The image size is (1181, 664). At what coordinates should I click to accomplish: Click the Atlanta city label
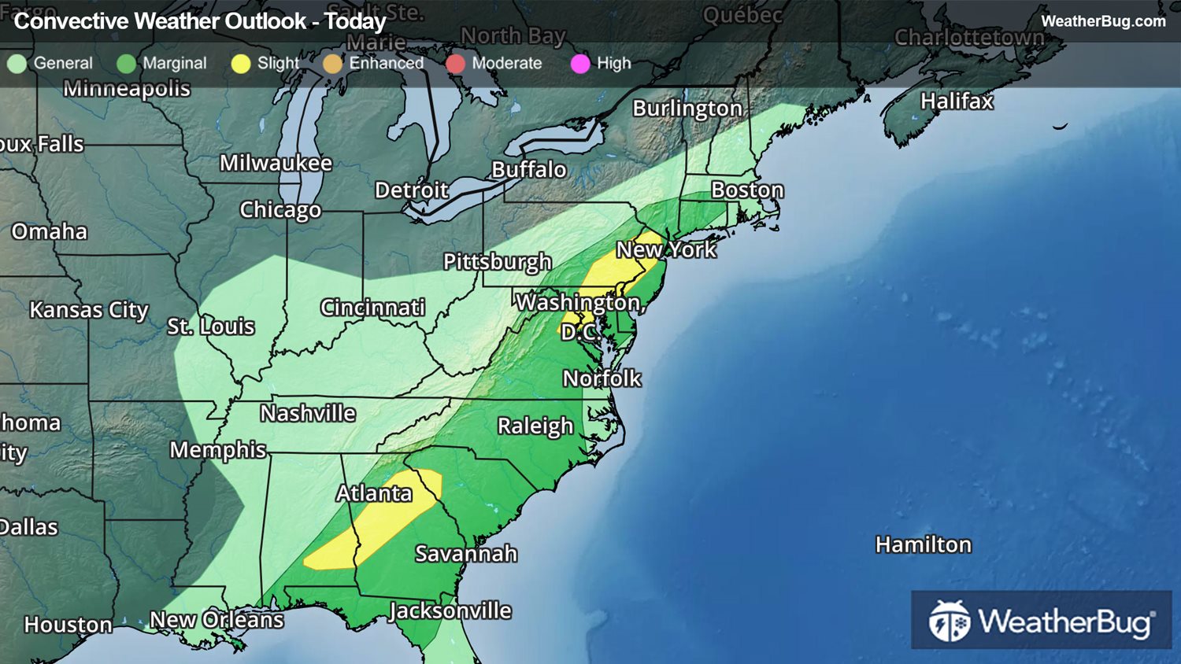(x=374, y=493)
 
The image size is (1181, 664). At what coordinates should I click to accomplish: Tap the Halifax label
(x=957, y=101)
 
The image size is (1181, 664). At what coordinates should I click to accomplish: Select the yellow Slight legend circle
(x=241, y=64)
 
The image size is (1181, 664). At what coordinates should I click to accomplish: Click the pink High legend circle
(x=580, y=64)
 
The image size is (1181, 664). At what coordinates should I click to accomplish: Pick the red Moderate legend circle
(x=456, y=64)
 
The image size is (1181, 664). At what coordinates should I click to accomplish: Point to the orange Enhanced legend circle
(x=333, y=64)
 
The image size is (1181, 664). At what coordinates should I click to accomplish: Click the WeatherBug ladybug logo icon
(x=950, y=622)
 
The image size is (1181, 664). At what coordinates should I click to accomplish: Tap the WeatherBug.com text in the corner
(x=1103, y=21)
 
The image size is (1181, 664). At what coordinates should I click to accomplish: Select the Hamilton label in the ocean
(x=924, y=544)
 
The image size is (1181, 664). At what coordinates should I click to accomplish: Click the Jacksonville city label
(x=450, y=611)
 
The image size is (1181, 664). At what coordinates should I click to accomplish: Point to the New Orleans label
(x=217, y=620)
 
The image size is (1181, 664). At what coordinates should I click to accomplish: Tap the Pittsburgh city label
(x=497, y=261)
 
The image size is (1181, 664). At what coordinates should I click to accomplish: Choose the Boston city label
(x=747, y=190)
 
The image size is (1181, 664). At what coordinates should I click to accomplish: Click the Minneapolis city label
(x=127, y=88)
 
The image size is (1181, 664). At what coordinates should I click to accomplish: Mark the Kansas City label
(x=89, y=310)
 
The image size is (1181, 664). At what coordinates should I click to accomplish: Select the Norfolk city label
(x=602, y=378)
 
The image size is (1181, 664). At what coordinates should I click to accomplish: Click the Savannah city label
(x=466, y=554)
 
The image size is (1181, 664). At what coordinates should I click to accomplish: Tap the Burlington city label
(x=687, y=109)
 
